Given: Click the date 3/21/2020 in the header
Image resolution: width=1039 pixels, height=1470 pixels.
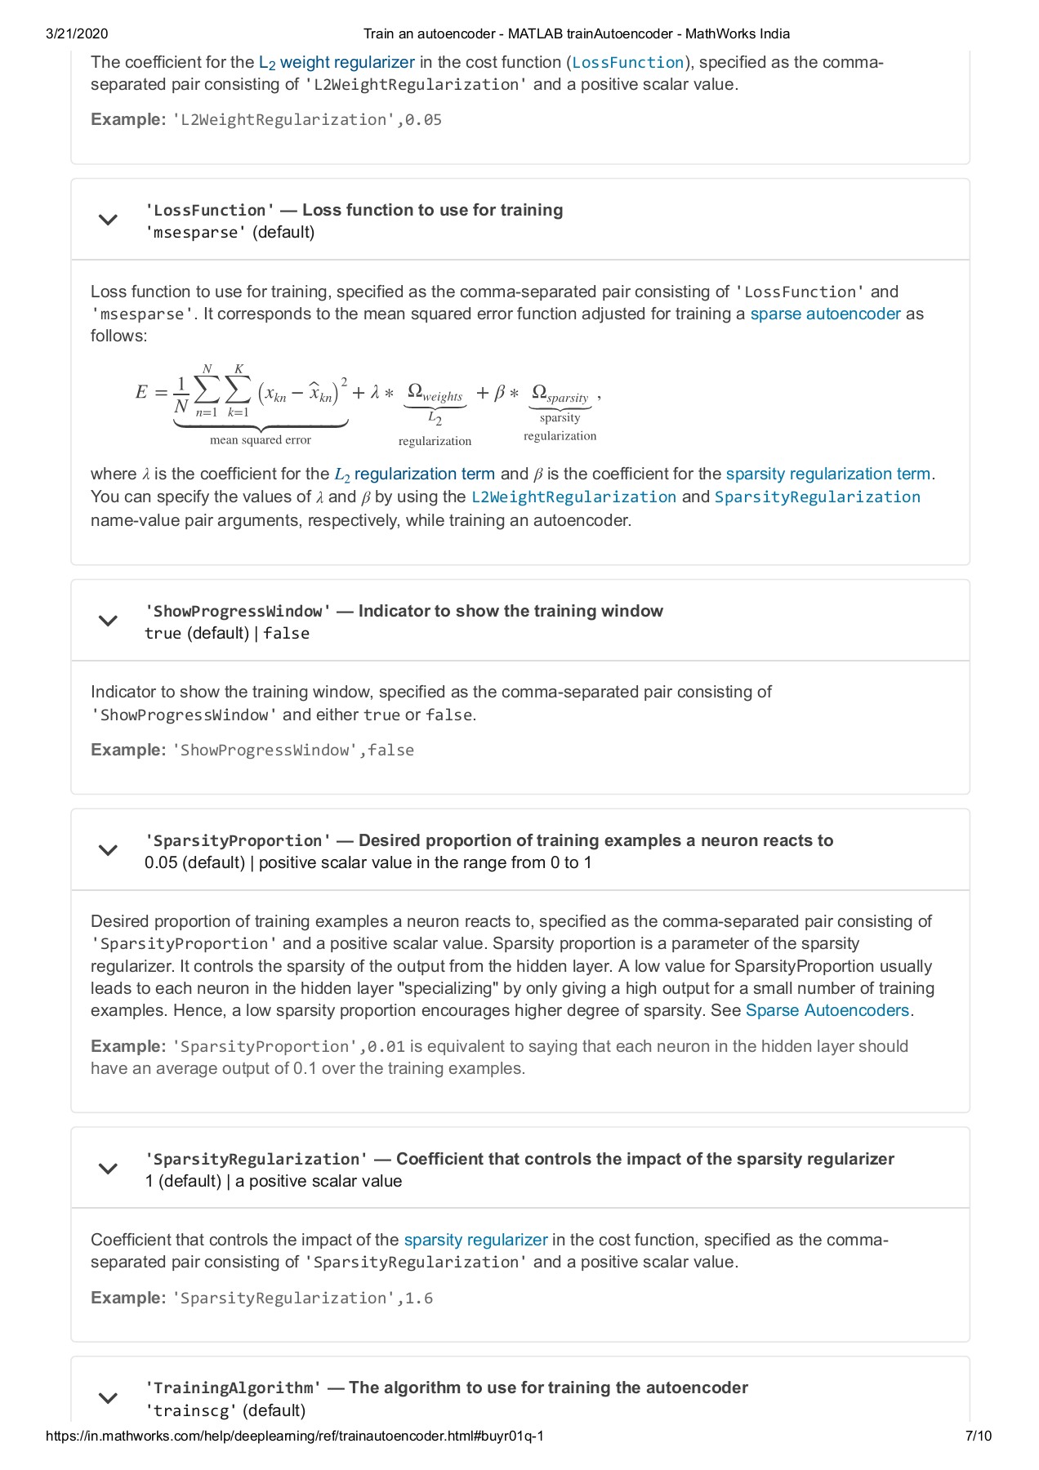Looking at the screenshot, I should [x=77, y=33].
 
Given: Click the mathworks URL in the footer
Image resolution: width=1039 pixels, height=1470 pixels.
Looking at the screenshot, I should [x=295, y=1435].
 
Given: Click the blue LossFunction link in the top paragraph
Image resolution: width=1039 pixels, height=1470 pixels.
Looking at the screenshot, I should [x=627, y=63].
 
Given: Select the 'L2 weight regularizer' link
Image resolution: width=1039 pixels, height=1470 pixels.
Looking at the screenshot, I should [x=337, y=63].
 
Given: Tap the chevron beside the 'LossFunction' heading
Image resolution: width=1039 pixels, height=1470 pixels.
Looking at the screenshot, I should [x=108, y=220].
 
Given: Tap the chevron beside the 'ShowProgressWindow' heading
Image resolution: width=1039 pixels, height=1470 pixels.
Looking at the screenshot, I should [x=108, y=621].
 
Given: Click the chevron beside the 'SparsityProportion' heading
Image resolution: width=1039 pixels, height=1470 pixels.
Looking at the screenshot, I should [x=108, y=850].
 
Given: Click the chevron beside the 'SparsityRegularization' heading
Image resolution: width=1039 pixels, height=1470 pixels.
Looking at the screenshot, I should [x=108, y=1169].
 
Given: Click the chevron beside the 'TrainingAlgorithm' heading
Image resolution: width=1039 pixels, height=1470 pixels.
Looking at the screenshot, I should [x=108, y=1398].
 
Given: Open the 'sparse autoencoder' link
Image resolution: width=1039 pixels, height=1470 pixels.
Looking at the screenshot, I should [x=825, y=314].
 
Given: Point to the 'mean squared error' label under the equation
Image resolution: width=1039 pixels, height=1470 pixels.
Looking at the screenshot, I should [x=261, y=440].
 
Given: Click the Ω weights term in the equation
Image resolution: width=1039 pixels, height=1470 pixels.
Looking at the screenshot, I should [x=435, y=393].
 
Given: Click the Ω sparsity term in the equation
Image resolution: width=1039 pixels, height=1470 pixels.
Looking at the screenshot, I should [x=560, y=394].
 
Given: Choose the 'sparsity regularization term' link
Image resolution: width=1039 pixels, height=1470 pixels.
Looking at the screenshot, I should [x=828, y=474].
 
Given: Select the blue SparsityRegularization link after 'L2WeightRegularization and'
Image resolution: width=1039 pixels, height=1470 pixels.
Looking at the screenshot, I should [x=817, y=497].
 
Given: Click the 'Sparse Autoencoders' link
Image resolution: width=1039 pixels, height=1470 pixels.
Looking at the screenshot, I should [x=827, y=1011].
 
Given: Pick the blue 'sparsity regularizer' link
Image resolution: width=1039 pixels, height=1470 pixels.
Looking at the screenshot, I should [x=475, y=1241].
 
